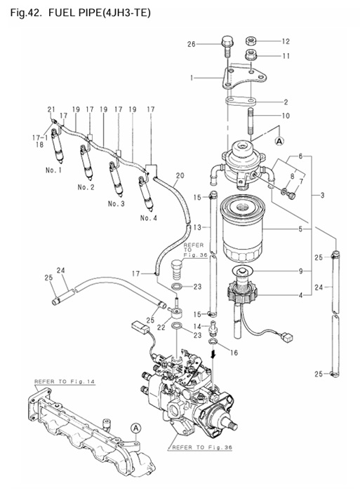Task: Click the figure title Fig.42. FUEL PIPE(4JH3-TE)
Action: [81, 12]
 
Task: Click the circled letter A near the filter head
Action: [279, 140]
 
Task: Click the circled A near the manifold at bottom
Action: [135, 426]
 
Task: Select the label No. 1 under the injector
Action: [55, 170]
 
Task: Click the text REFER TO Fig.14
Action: [59, 381]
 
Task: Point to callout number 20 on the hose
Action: [180, 175]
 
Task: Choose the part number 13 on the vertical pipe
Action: [199, 228]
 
